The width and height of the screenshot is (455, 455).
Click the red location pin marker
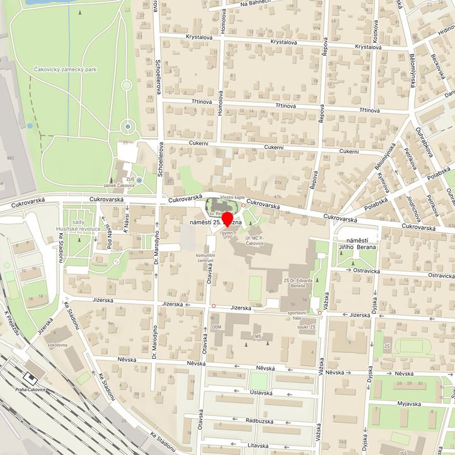[227, 221]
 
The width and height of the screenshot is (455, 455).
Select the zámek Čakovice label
[120, 185]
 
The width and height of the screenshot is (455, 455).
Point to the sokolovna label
[57, 345]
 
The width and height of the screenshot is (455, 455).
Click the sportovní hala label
[297, 316]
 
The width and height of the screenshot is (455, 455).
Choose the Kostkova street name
[376, 32]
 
